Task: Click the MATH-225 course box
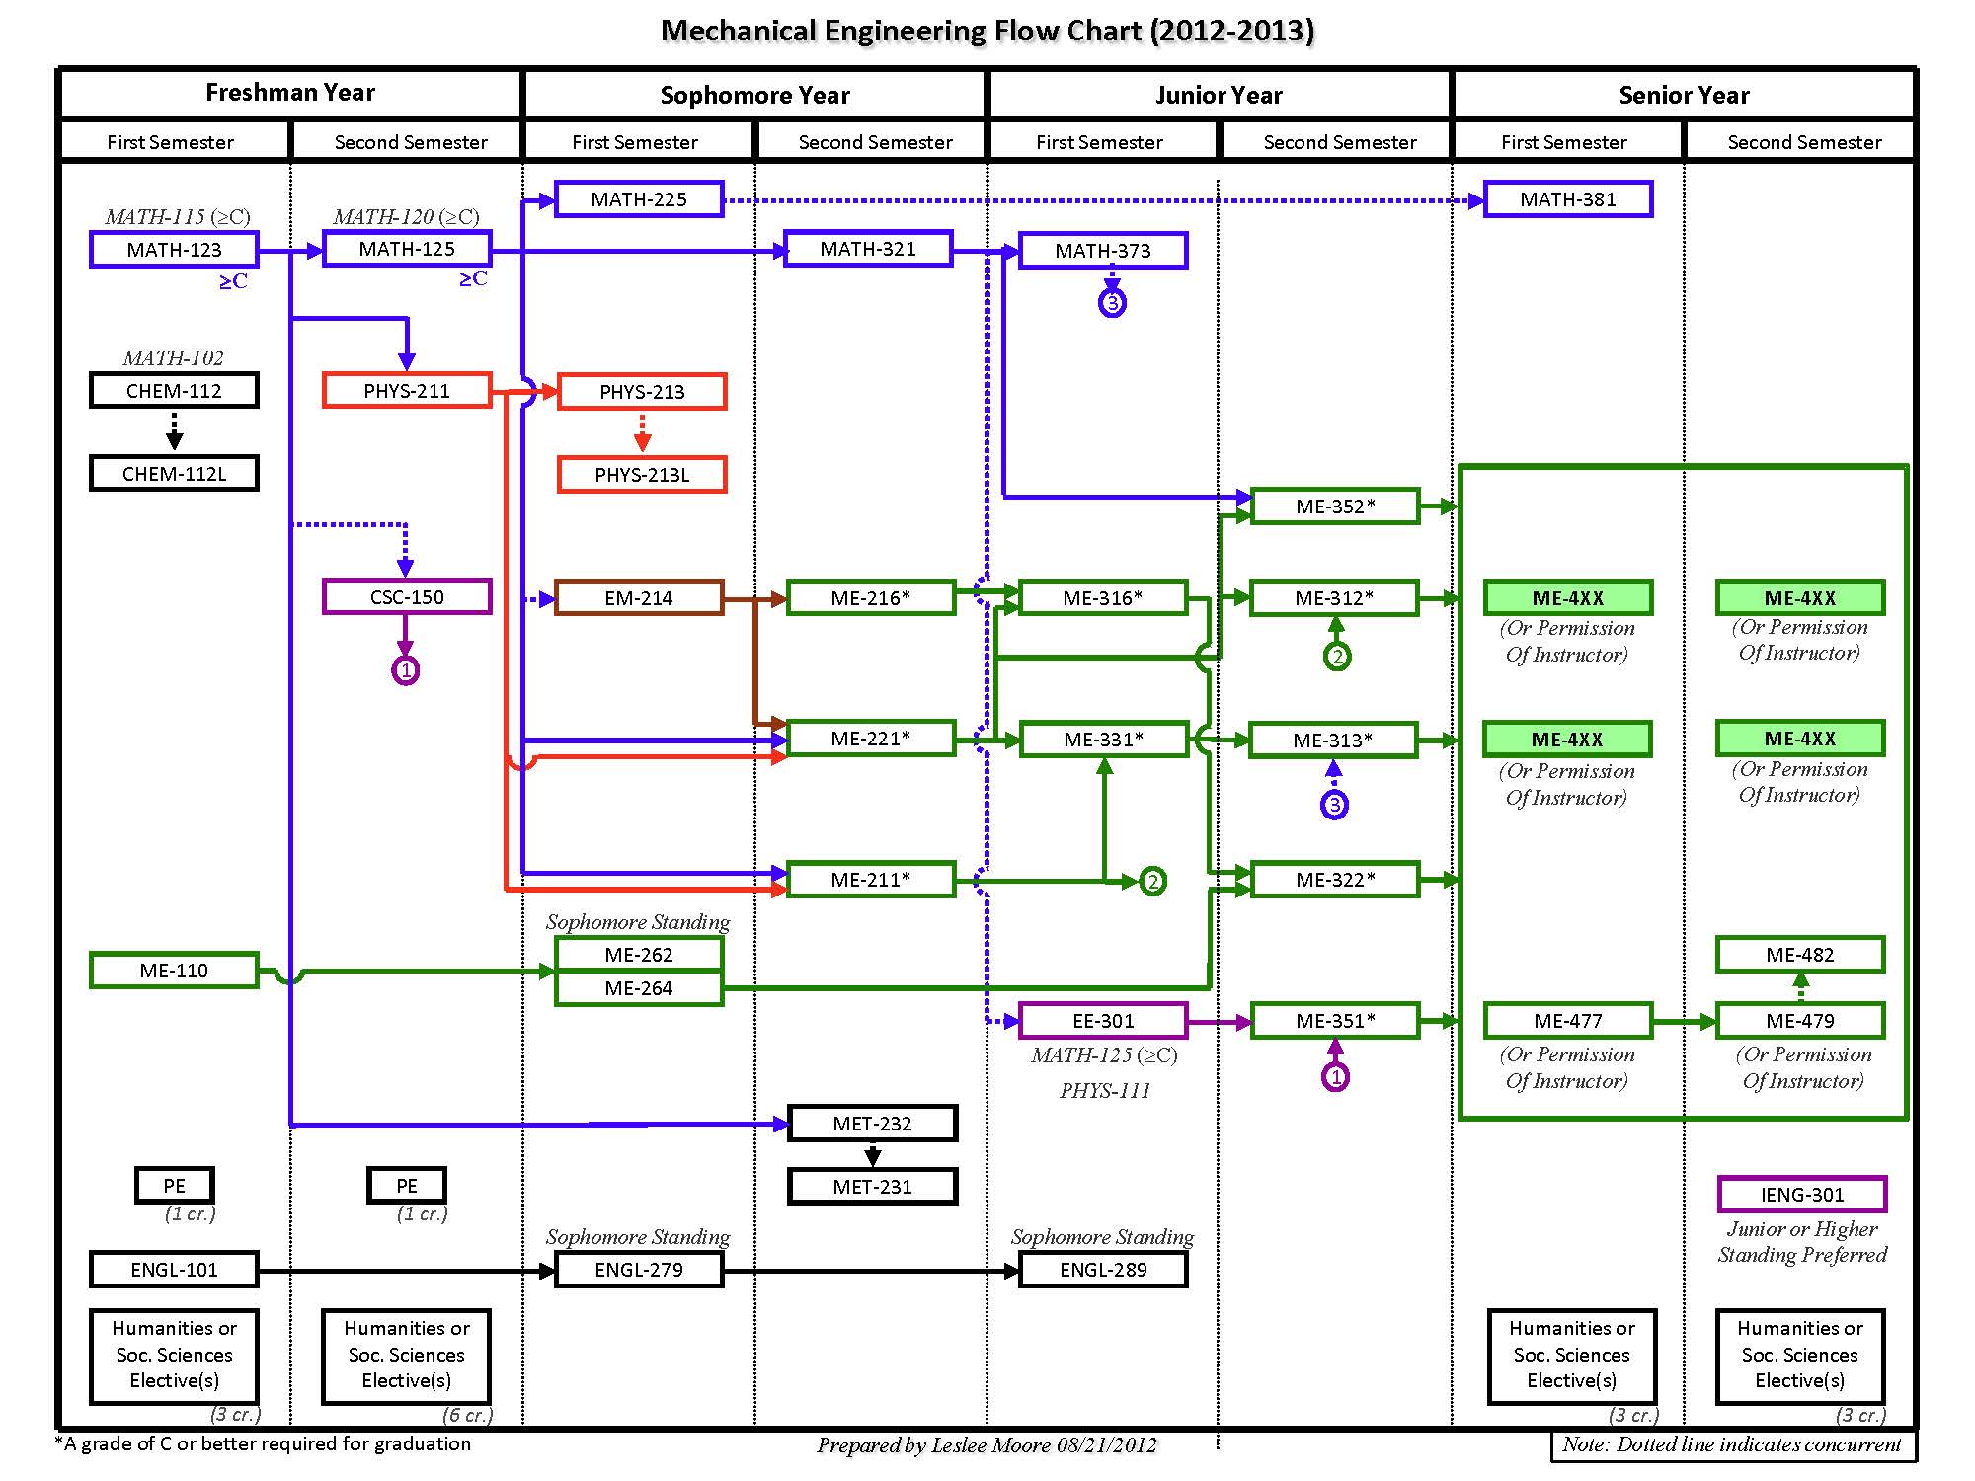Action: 639,199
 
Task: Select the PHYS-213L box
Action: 642,475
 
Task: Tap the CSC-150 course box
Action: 407,597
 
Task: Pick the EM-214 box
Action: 639,598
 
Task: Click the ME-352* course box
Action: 1335,507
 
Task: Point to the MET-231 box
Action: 872,1187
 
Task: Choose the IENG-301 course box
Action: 1802,1195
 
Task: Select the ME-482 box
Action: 1800,955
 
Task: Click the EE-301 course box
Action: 1103,1021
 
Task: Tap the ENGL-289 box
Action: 1103,1270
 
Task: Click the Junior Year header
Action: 1219,95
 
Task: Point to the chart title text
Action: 987,31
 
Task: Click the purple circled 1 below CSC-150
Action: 406,671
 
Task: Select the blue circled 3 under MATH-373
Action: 1113,303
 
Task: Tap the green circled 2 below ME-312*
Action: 1337,657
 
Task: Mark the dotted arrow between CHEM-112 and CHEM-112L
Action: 174,430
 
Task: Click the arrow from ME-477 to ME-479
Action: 1684,1022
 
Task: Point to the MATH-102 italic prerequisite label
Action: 174,357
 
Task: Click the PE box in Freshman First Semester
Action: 174,1186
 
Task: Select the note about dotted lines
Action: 1732,1445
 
